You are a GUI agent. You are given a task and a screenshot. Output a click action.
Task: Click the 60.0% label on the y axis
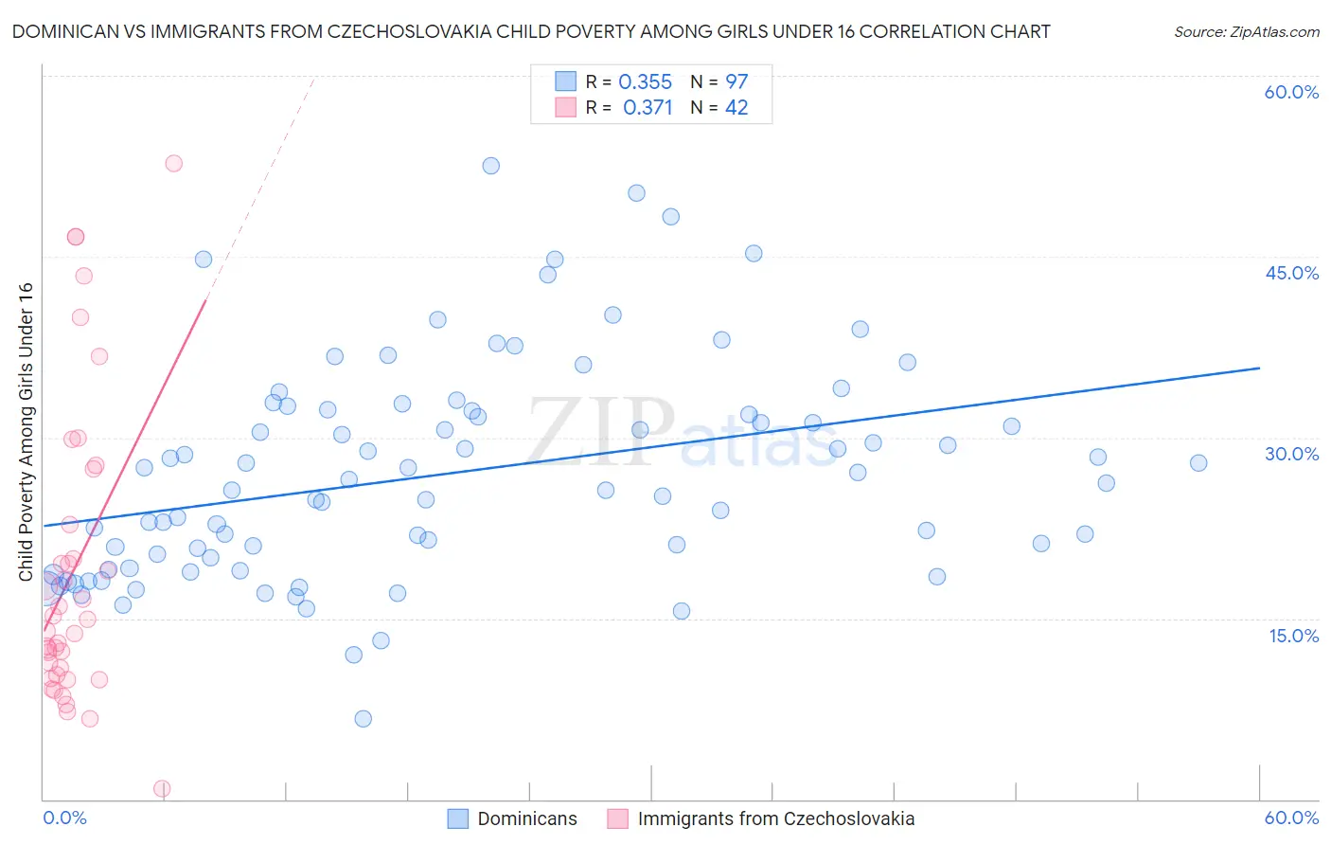click(x=1291, y=92)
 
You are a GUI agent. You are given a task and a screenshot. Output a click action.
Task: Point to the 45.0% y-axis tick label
click(x=1291, y=273)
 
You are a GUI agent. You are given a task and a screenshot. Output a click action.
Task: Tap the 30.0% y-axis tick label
click(x=1291, y=454)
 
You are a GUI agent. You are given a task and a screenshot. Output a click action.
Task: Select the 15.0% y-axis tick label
click(x=1293, y=636)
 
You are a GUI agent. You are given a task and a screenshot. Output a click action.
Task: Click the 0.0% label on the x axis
click(x=64, y=818)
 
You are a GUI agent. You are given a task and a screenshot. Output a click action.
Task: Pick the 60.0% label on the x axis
click(x=1291, y=818)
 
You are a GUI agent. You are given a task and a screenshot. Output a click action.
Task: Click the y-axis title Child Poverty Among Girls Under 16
click(x=26, y=432)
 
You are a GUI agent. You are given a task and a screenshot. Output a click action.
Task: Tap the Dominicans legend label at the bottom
click(x=527, y=818)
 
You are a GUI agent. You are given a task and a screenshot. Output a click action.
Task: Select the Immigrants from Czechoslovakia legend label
click(x=776, y=818)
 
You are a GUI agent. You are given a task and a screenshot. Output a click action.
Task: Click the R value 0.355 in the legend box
click(x=645, y=81)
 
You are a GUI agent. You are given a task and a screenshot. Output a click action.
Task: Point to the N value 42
click(x=736, y=108)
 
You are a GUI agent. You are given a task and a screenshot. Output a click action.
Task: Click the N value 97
click(x=736, y=81)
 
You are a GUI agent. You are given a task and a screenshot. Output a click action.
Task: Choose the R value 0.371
click(x=648, y=108)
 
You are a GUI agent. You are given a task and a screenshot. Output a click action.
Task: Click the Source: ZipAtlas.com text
click(x=1246, y=32)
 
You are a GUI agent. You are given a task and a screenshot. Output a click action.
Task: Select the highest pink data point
click(x=173, y=163)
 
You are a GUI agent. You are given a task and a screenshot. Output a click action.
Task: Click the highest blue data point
click(x=490, y=166)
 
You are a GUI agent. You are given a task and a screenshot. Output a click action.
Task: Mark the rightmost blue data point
click(x=1198, y=463)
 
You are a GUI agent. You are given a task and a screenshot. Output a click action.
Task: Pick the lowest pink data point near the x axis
click(x=162, y=789)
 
